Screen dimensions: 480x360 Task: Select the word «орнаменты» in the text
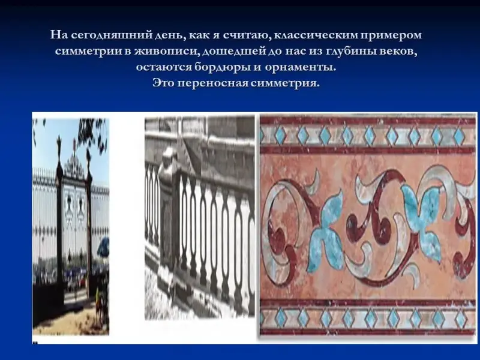pos(300,67)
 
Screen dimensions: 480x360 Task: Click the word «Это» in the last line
pos(164,83)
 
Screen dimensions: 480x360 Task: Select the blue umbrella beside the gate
pos(103,247)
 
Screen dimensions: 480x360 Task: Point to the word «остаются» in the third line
pos(164,67)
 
